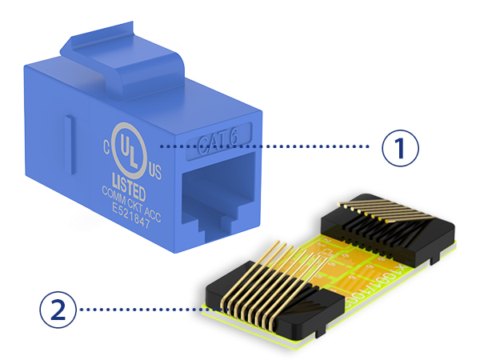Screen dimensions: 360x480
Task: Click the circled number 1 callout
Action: (401, 147)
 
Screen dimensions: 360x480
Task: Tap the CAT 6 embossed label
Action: (221, 142)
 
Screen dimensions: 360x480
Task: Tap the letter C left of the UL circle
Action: (105, 146)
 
